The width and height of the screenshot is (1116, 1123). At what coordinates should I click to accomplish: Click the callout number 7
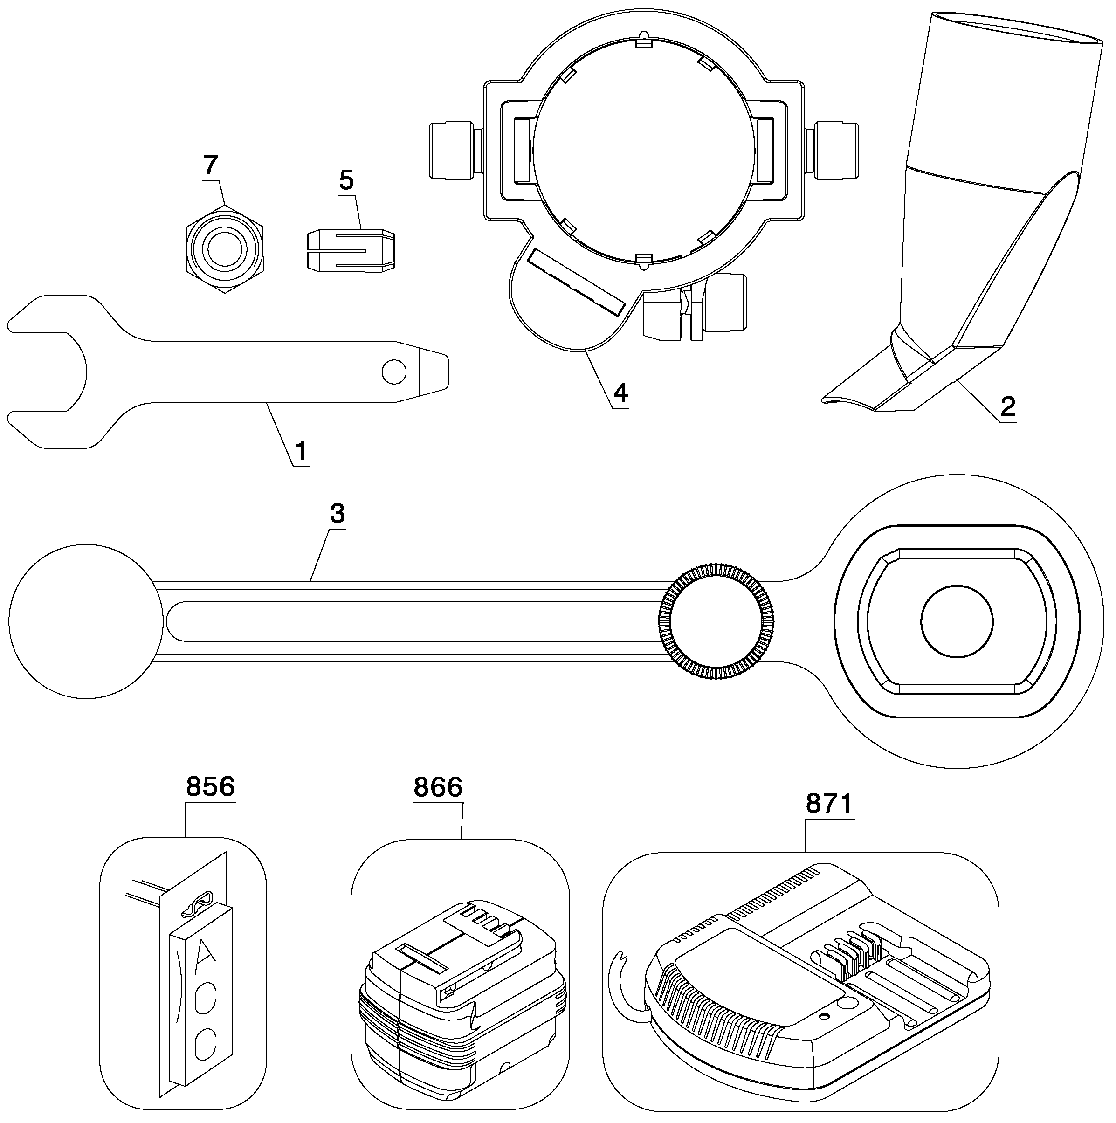(210, 165)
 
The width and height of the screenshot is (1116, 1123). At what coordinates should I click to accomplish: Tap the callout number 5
(346, 181)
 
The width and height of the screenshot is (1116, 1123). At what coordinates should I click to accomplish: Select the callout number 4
(621, 393)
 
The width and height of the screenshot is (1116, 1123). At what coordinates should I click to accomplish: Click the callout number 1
(301, 452)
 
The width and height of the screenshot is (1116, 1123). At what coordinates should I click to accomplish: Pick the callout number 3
(337, 513)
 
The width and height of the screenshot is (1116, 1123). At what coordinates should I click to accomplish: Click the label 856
(210, 786)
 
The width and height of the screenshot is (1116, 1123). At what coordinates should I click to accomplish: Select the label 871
(829, 803)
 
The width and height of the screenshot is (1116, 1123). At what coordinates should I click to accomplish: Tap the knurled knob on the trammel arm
(716, 621)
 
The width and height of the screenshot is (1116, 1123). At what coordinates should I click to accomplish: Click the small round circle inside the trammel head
(957, 621)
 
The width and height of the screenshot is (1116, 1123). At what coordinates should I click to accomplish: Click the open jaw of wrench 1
(47, 372)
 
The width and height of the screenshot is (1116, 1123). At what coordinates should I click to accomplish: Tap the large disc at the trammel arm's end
(86, 621)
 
